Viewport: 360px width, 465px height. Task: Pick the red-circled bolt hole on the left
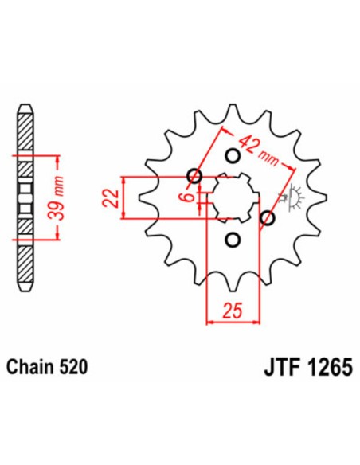(194, 176)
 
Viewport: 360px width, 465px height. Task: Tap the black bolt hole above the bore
(233, 155)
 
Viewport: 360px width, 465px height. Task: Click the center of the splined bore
(231, 197)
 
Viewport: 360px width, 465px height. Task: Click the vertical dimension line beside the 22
(123, 197)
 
